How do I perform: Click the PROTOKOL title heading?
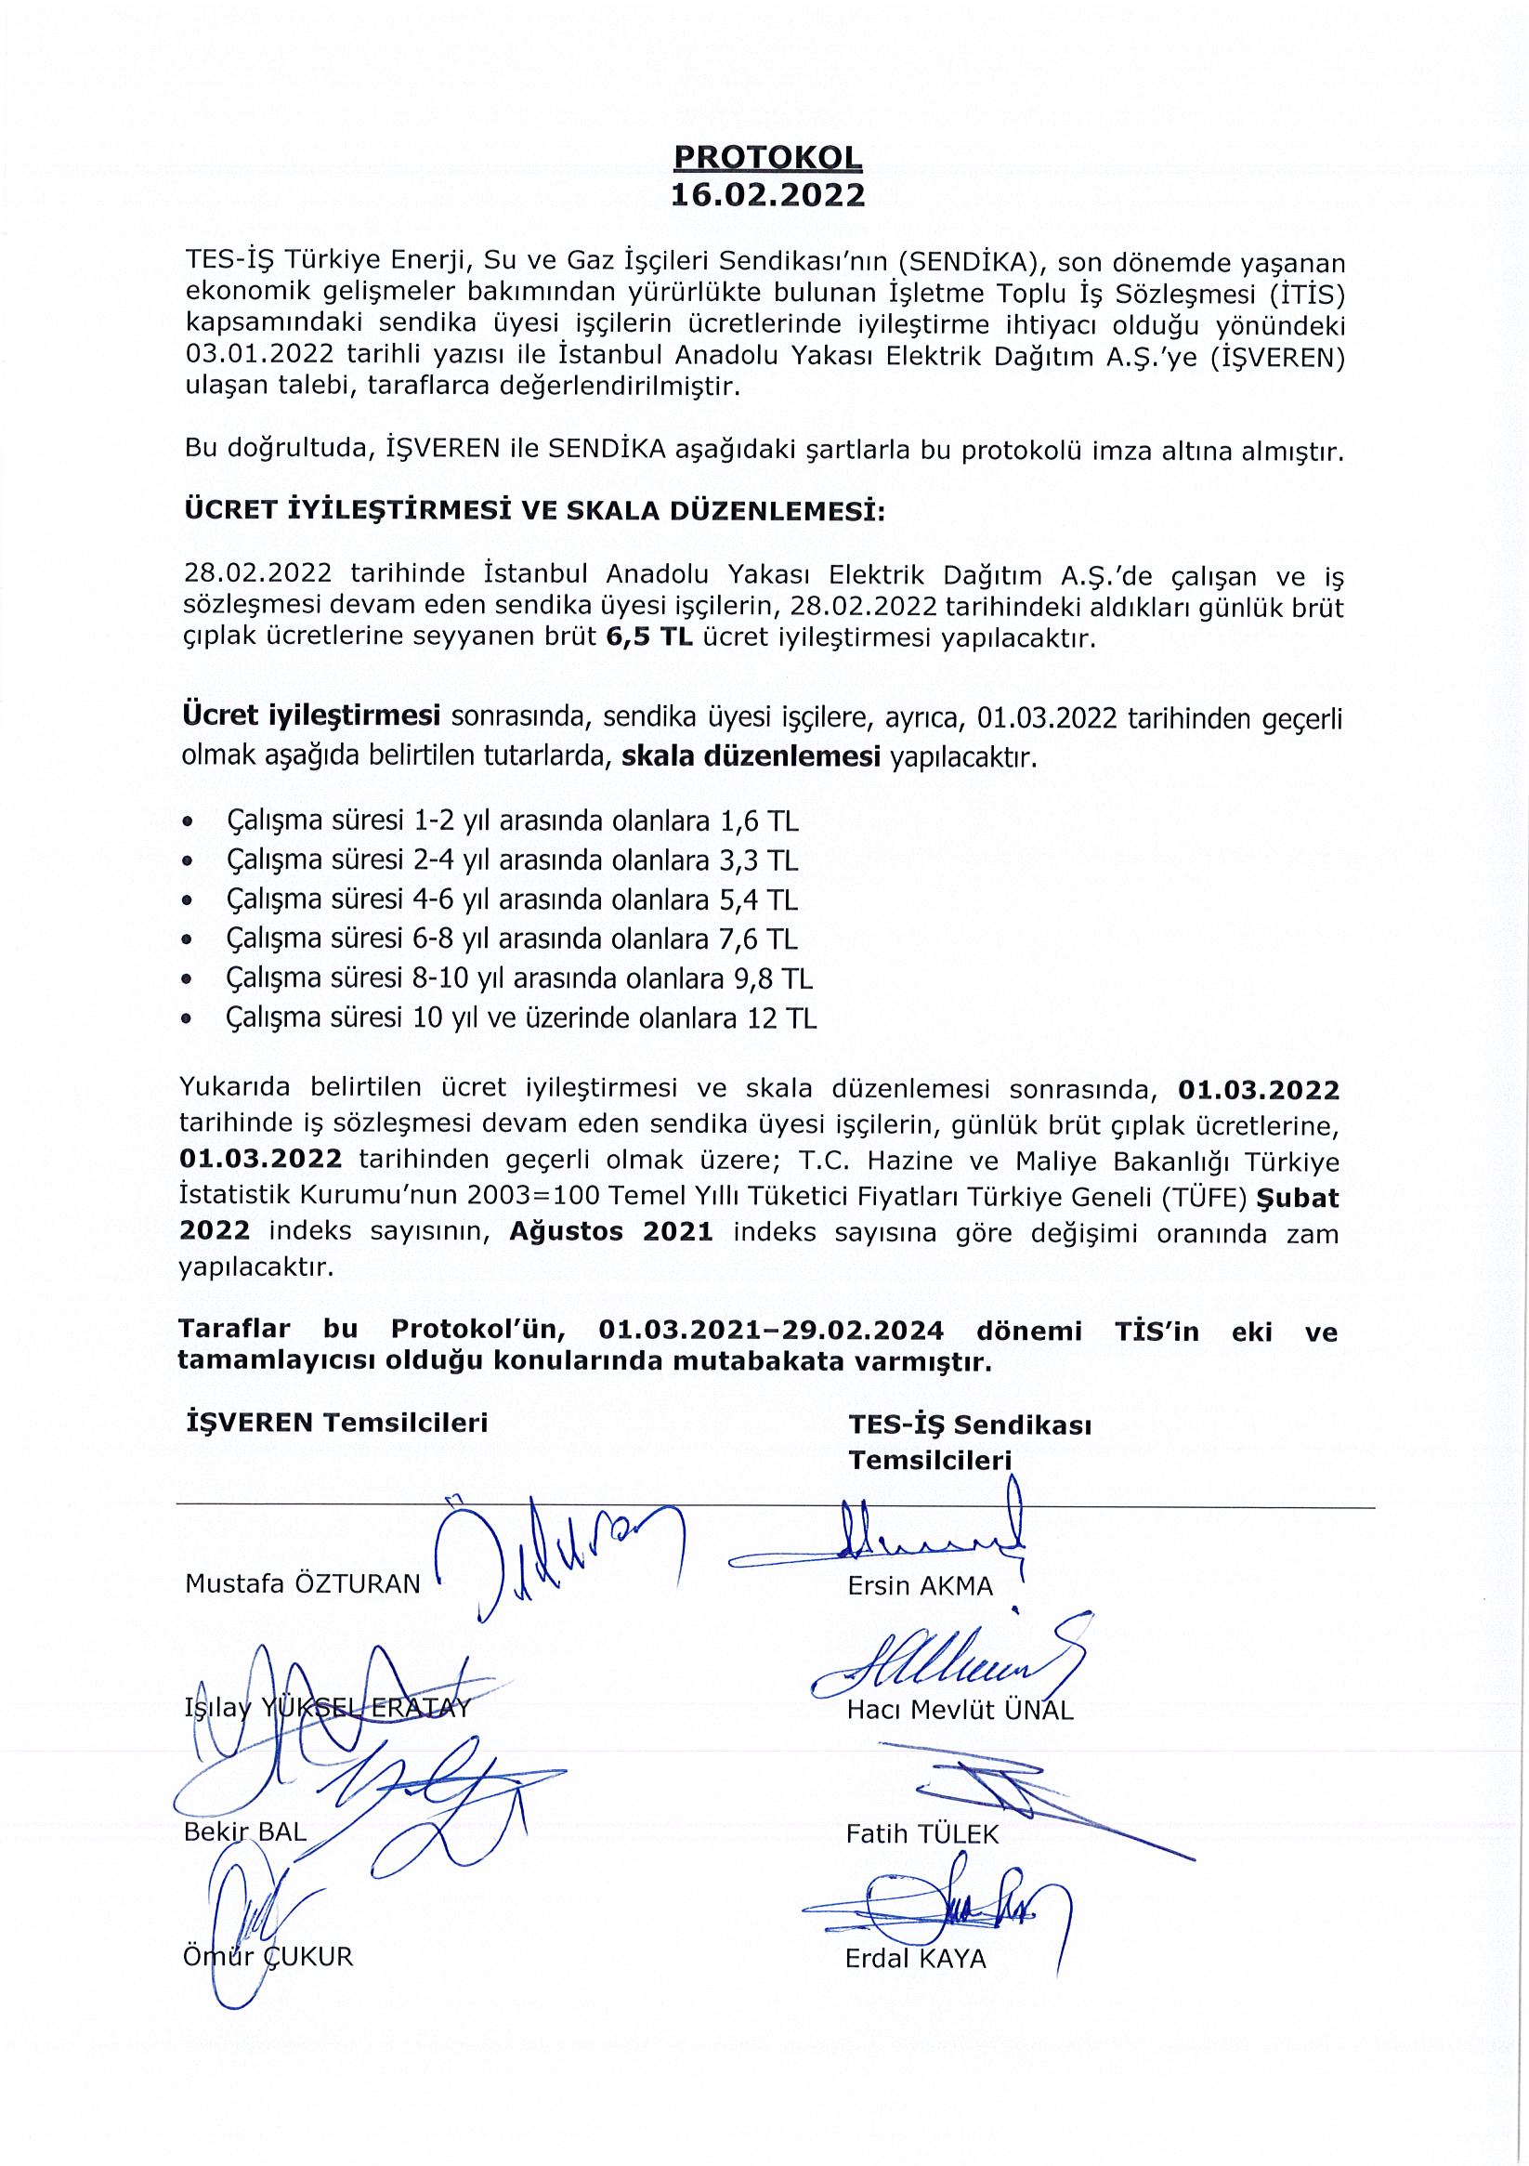point(767,157)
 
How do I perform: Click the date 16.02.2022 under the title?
point(767,194)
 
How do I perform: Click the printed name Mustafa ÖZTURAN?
point(302,1584)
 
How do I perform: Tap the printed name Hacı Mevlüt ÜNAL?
point(960,1711)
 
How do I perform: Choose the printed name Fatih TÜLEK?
point(921,1834)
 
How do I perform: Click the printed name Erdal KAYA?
point(915,1959)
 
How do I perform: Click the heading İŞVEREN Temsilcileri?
point(338,1423)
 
